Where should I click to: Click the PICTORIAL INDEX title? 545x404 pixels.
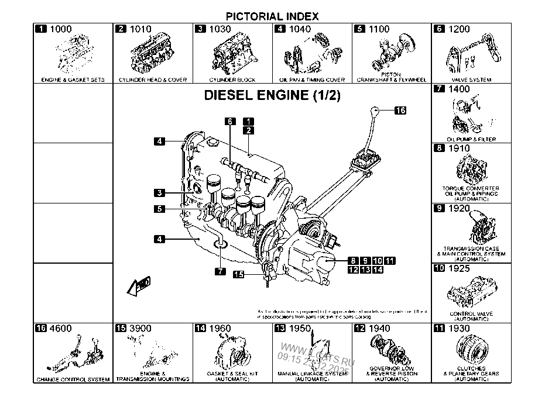coord(272,16)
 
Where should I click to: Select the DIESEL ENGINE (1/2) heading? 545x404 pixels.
coord(272,95)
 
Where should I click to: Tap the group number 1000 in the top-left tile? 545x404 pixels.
coord(61,29)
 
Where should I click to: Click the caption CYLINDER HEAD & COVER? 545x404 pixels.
coord(153,80)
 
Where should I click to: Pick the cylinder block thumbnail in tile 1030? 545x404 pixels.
coord(232,56)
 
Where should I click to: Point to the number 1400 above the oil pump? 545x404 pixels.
coord(458,89)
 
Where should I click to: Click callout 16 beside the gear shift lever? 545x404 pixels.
coord(400,109)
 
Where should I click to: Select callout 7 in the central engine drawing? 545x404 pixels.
coord(219,271)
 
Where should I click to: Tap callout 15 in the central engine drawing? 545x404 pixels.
coord(238,274)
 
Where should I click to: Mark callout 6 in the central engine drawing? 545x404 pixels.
coord(231,121)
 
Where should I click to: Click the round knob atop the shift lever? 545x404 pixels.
coord(375,110)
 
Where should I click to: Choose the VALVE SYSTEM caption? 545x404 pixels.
coord(472,80)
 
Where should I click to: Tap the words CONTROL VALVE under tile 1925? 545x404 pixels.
coord(471,313)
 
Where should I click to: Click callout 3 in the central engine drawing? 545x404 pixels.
coord(160,192)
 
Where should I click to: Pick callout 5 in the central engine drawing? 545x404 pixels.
coord(160,208)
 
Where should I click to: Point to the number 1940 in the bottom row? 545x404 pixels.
coord(379,329)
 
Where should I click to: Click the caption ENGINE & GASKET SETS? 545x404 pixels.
coord(73,80)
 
